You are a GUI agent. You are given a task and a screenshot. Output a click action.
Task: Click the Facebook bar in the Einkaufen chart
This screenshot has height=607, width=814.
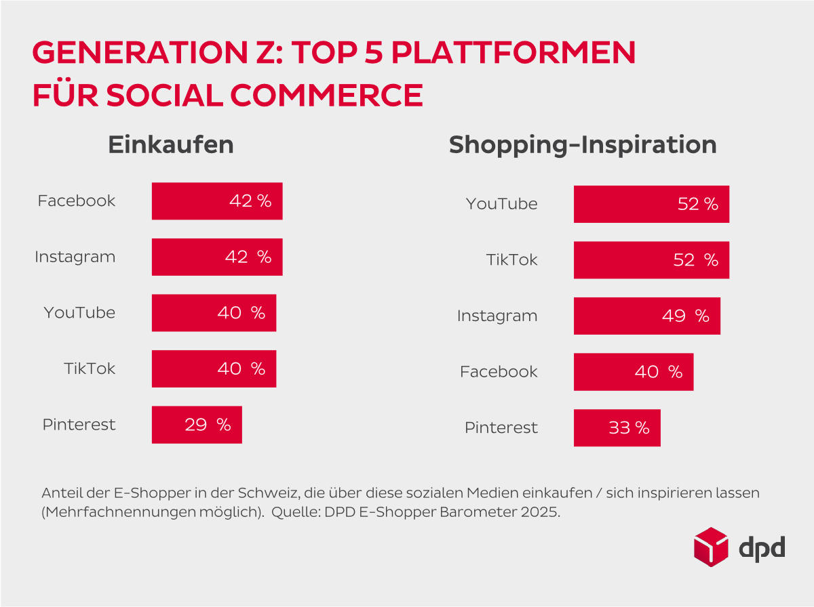(x=217, y=201)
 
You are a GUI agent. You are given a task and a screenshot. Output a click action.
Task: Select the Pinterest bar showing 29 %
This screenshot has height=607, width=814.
(x=197, y=425)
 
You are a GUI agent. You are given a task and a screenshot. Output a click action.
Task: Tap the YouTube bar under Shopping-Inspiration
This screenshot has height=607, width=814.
(x=651, y=204)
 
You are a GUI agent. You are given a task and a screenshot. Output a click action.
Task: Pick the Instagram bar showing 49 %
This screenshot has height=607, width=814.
(x=646, y=316)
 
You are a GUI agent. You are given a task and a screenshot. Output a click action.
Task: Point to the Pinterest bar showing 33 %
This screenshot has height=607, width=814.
(x=617, y=427)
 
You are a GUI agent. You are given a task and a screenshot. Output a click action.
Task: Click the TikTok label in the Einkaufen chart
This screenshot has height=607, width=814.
(x=90, y=369)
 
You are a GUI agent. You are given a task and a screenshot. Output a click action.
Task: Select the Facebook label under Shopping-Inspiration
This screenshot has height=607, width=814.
(x=499, y=372)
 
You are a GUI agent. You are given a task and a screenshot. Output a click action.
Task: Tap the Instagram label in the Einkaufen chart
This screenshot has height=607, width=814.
(x=75, y=257)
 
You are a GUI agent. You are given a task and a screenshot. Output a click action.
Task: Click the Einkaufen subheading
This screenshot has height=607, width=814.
(x=171, y=145)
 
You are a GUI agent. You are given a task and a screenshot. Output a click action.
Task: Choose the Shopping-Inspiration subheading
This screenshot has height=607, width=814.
(x=583, y=145)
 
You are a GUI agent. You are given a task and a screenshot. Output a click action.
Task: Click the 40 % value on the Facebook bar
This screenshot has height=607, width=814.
(x=658, y=372)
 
